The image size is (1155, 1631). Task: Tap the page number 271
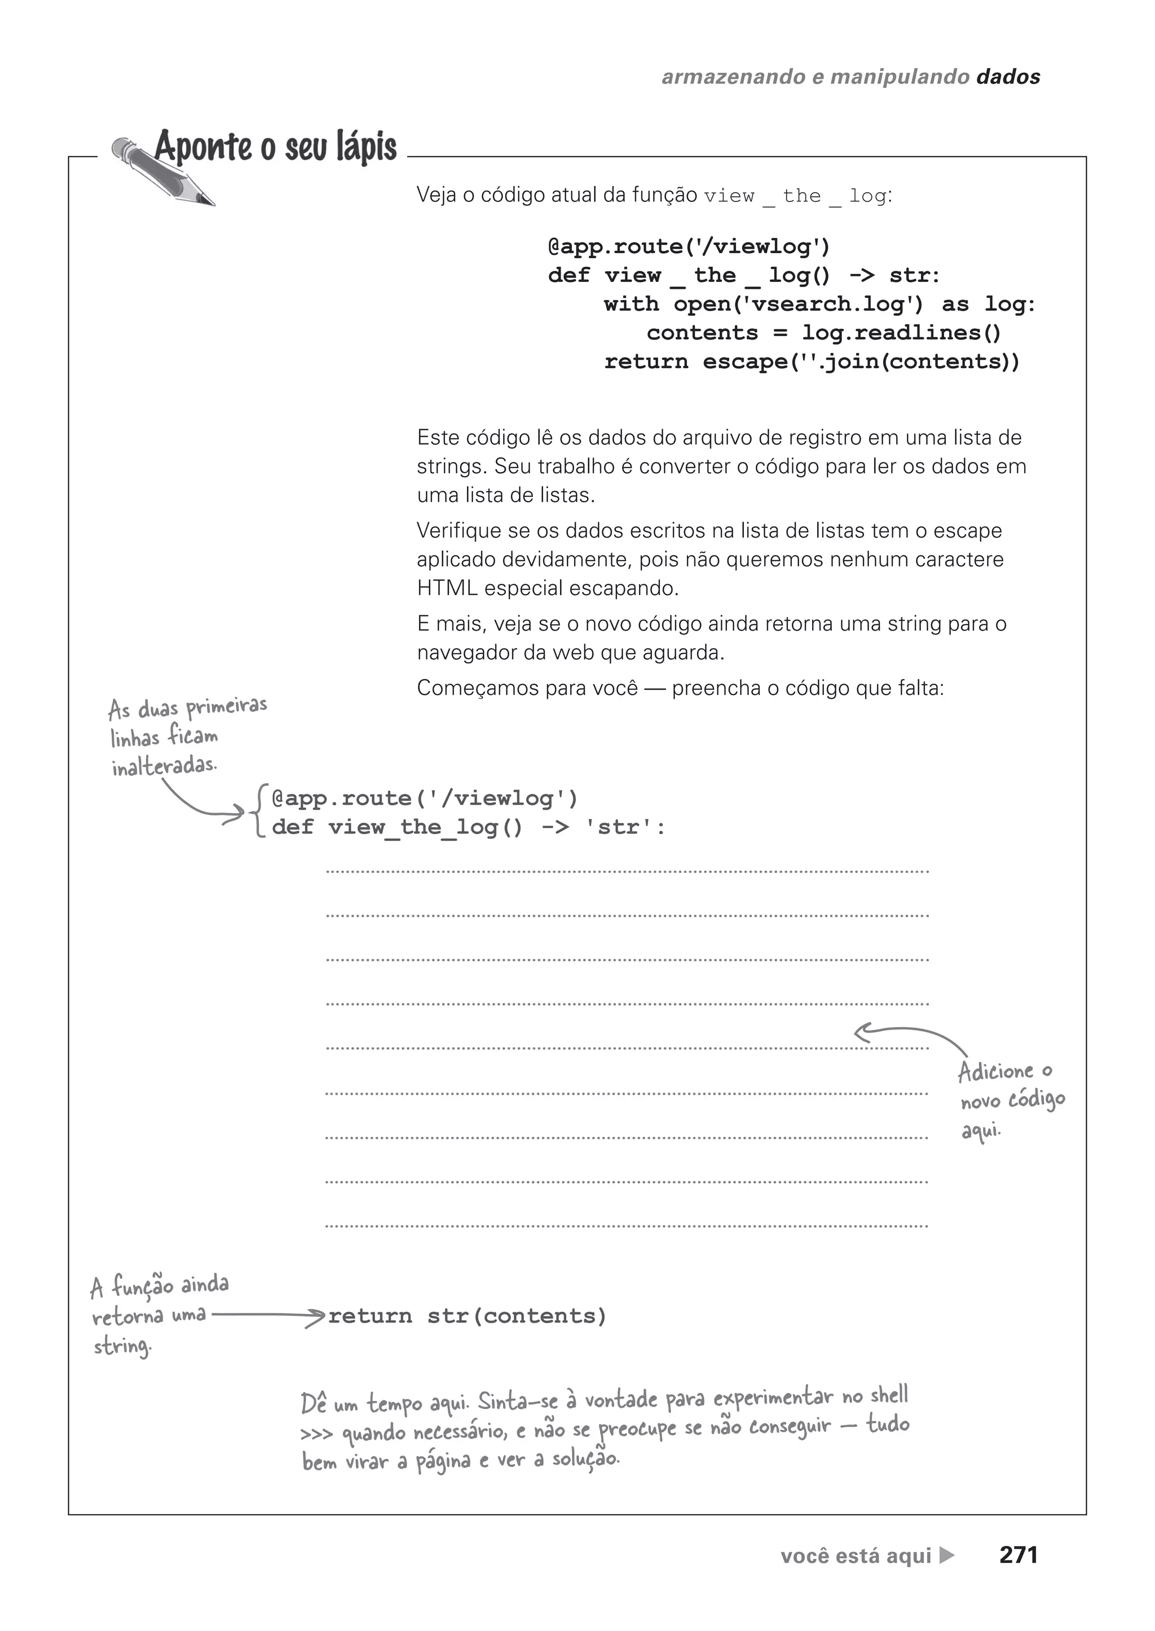click(x=1018, y=1555)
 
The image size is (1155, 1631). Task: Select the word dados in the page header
click(x=1008, y=77)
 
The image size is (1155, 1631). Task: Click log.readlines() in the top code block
click(x=901, y=333)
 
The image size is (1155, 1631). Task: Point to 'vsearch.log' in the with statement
click(x=831, y=305)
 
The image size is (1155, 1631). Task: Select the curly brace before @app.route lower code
click(x=258, y=812)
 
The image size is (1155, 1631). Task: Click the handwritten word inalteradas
click(x=164, y=766)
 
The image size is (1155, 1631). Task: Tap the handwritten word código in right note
click(x=1037, y=1101)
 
